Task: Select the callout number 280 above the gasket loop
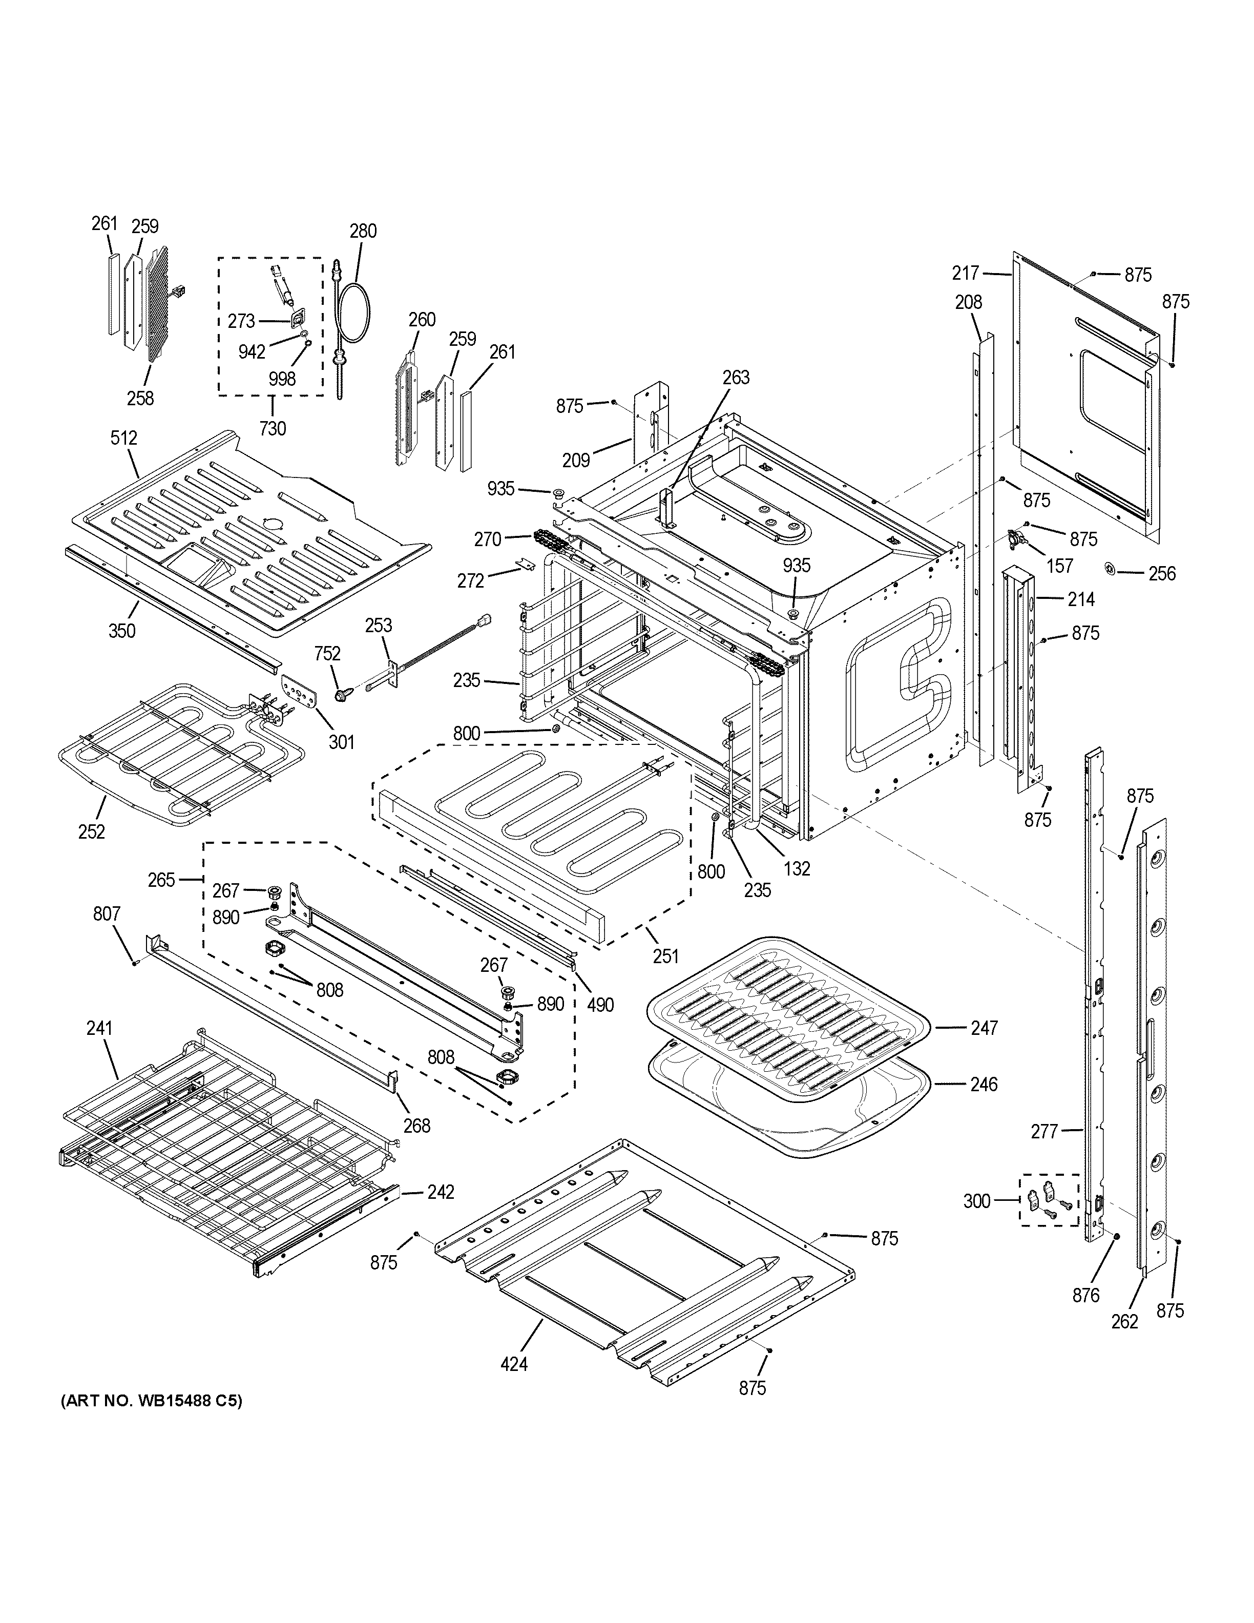tap(363, 231)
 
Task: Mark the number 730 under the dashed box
tap(273, 428)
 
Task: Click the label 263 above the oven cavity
tap(736, 378)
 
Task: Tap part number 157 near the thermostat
tap(1059, 566)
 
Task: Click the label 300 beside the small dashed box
tap(976, 1200)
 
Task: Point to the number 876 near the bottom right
tap(1085, 1295)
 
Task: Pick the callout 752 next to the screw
tap(327, 653)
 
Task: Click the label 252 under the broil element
tap(91, 831)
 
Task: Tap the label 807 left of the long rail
tap(106, 913)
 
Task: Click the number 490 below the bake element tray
tap(600, 1005)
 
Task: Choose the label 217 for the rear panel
tap(966, 274)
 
